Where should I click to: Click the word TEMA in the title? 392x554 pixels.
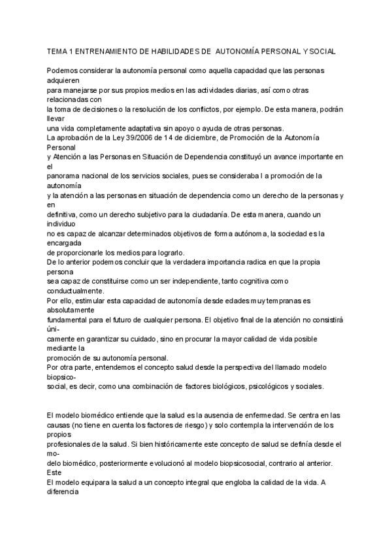point(57,50)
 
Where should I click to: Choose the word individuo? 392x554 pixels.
point(62,223)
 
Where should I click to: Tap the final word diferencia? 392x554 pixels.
point(64,494)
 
